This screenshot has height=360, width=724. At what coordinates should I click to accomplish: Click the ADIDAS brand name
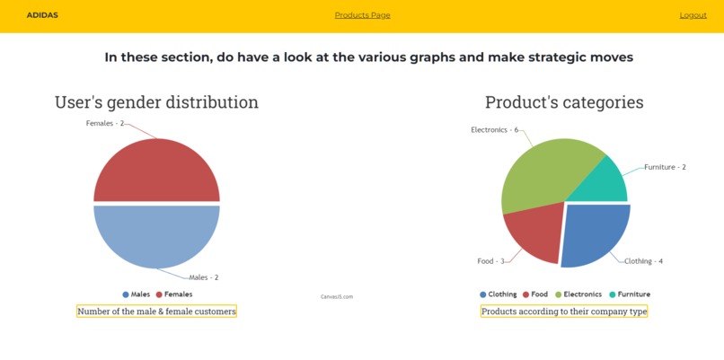[42, 15]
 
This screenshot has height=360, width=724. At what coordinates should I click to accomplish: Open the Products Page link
[362, 15]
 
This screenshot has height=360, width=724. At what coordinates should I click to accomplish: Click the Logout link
[693, 15]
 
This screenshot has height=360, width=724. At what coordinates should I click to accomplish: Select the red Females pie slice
[156, 171]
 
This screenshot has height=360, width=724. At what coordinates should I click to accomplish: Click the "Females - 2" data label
[105, 123]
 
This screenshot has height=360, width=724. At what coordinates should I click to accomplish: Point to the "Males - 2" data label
[204, 277]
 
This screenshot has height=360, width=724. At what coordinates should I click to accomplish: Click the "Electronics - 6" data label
[494, 129]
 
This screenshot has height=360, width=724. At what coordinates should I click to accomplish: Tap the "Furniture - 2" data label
[665, 167]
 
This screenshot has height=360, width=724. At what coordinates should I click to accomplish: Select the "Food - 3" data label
[490, 261]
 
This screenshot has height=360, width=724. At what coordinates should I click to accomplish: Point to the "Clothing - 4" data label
[643, 261]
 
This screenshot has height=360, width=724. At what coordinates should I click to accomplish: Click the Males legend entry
[136, 294]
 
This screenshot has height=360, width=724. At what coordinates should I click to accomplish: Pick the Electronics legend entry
[577, 294]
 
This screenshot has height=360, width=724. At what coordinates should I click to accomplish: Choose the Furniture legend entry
[629, 294]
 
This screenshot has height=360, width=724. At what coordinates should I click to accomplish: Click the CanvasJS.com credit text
[337, 296]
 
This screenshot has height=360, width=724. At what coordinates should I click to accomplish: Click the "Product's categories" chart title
[564, 102]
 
